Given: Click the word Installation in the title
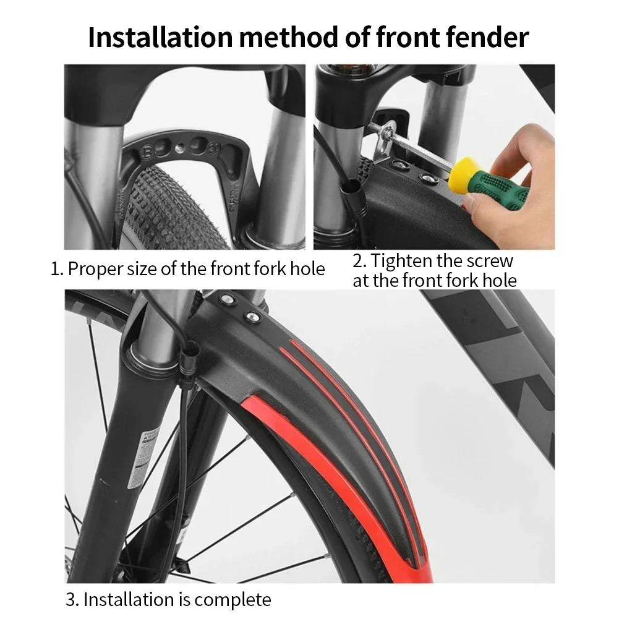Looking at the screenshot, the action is tap(160, 37).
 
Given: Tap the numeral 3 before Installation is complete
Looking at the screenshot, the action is tap(72, 600).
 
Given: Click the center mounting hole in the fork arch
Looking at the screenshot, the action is tap(179, 148).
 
